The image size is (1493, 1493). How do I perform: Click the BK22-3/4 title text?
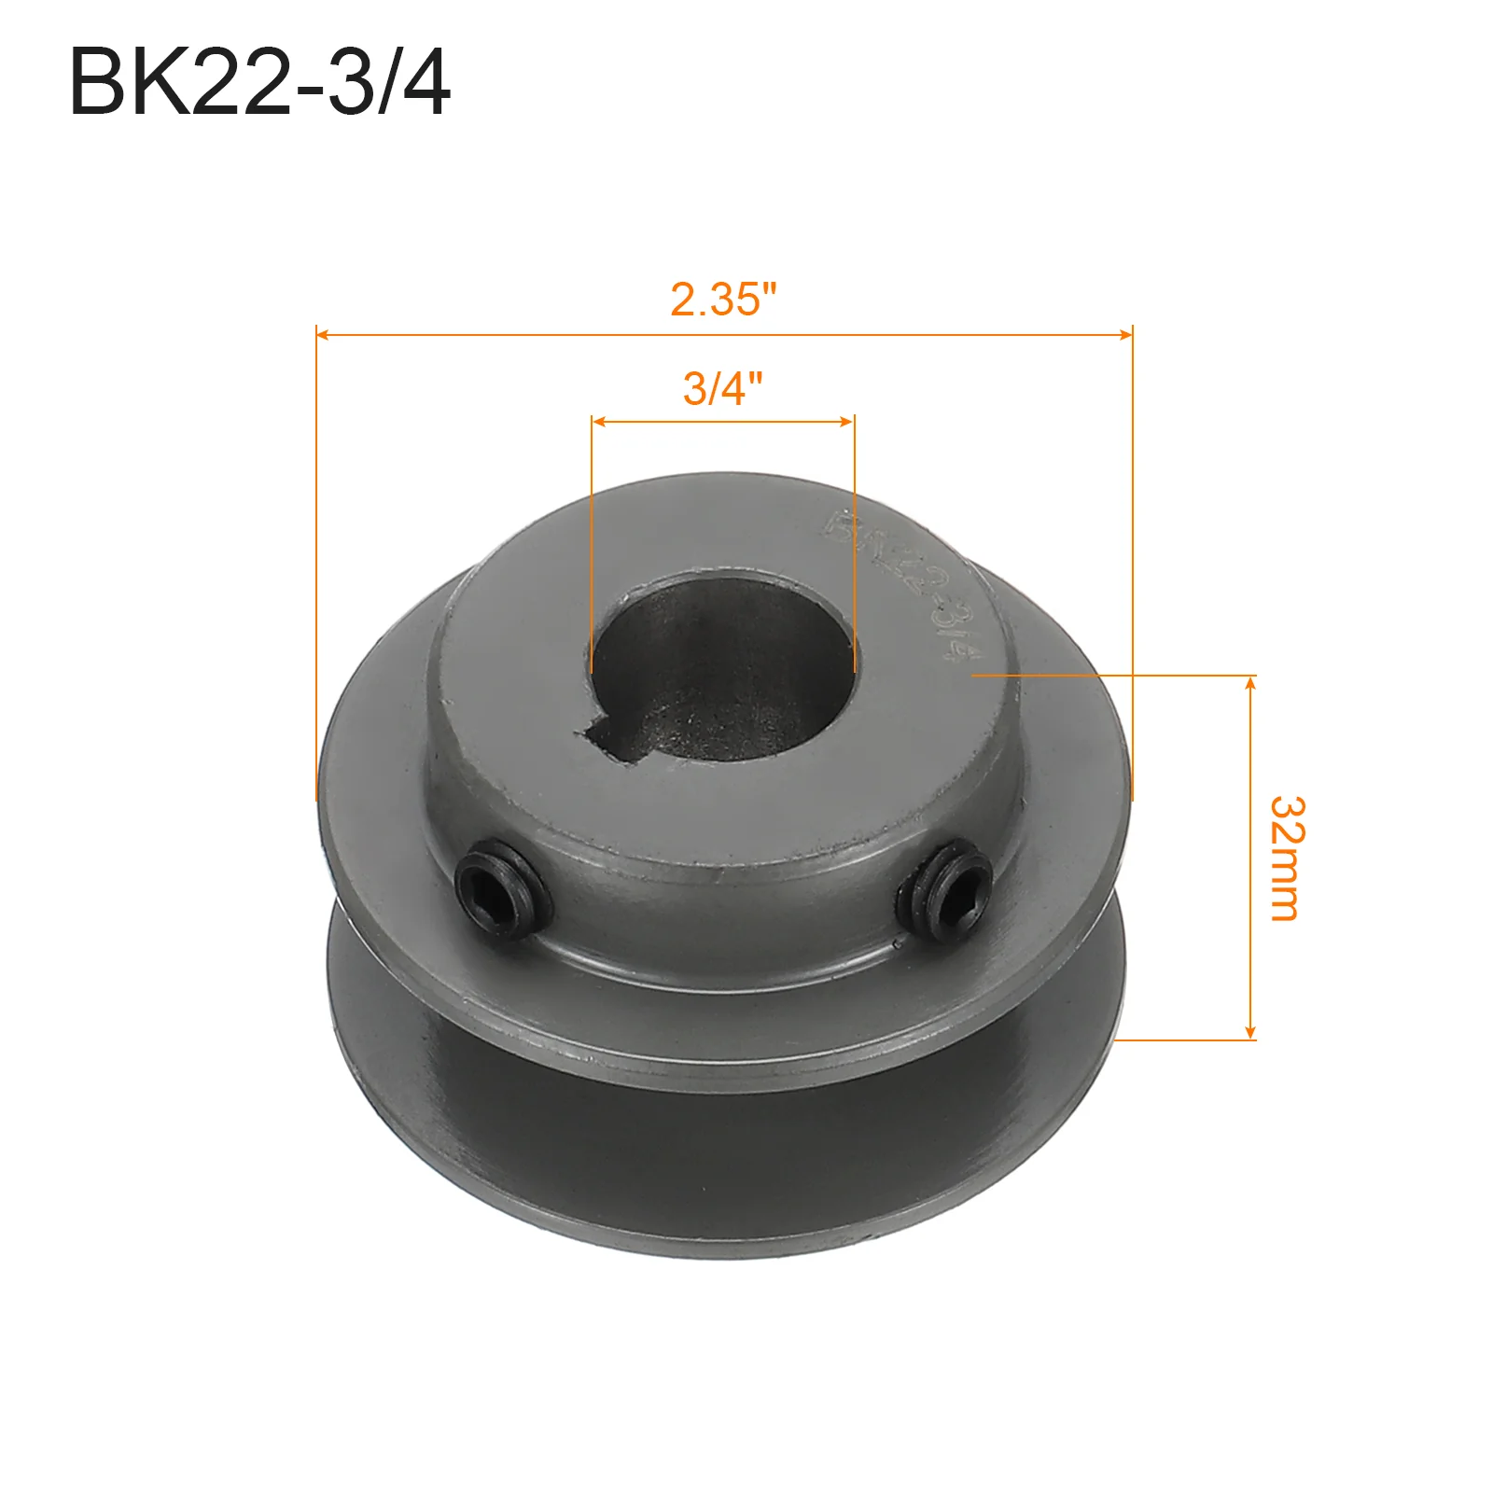259,83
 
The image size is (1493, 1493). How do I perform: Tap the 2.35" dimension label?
723,300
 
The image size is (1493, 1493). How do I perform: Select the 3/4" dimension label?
722,387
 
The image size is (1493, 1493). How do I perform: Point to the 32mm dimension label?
1287,858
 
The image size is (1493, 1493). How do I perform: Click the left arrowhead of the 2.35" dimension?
323,333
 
